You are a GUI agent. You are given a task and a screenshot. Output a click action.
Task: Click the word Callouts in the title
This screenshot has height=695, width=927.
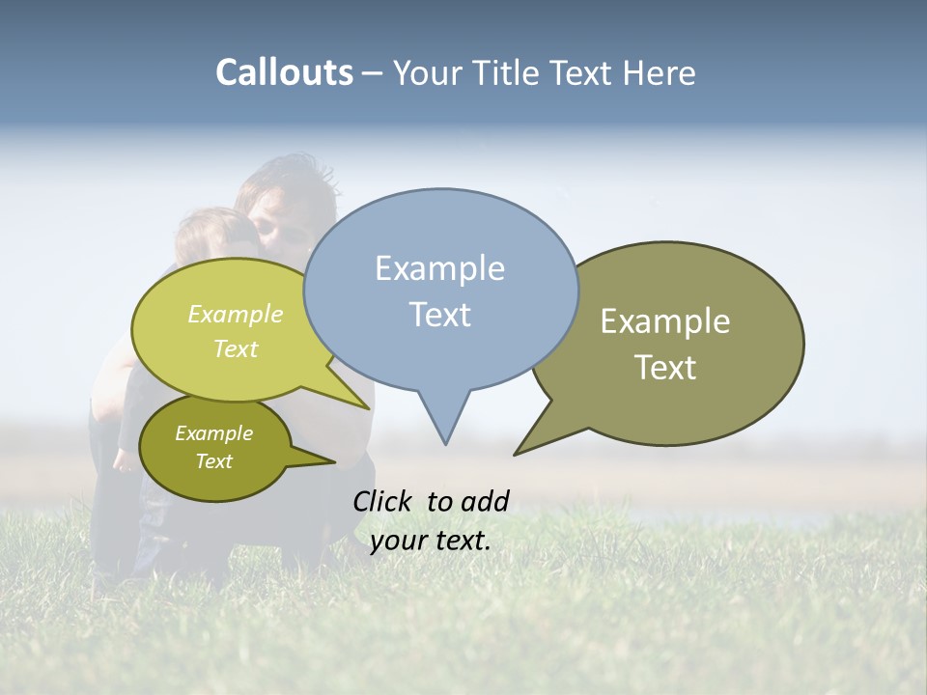[284, 72]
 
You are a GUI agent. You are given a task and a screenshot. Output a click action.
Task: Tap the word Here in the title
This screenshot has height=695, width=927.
[659, 72]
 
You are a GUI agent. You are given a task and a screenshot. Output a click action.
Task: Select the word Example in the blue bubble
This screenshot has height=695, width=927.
[439, 268]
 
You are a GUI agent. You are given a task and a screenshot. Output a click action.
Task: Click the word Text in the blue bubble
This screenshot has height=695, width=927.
[439, 314]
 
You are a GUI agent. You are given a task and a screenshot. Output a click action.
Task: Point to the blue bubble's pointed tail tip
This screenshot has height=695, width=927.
[445, 443]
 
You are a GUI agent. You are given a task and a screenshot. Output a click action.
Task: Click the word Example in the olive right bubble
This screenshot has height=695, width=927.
[665, 321]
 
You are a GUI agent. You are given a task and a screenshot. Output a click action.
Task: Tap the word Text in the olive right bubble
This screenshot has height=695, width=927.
[665, 368]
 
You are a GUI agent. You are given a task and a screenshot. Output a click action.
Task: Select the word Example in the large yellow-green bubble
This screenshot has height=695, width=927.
[236, 314]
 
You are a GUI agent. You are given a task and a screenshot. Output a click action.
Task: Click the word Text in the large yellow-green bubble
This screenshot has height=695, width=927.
[236, 348]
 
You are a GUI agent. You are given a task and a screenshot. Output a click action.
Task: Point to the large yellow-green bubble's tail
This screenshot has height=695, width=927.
[363, 405]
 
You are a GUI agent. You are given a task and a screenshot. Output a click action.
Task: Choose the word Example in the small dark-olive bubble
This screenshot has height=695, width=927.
[213, 433]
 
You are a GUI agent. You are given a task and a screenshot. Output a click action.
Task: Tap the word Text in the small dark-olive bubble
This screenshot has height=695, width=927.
[213, 461]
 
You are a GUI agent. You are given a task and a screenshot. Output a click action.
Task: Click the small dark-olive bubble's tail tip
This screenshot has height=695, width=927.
[333, 464]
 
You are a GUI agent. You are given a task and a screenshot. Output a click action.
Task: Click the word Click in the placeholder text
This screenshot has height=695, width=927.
[384, 501]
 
